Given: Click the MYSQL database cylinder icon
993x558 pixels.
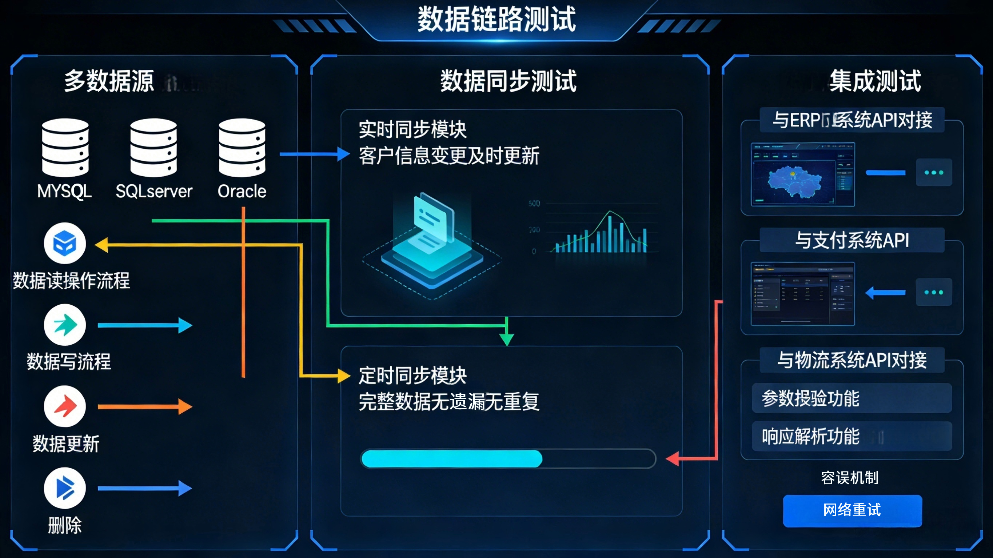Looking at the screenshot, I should click(x=65, y=147).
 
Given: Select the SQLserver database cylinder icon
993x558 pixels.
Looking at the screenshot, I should click(x=153, y=147).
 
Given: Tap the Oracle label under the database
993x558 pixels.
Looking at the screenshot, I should click(x=242, y=191).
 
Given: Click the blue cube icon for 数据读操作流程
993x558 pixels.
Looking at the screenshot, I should click(x=65, y=243).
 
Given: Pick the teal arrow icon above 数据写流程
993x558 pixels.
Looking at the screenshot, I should click(x=65, y=325).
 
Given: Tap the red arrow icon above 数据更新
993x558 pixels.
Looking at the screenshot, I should click(x=65, y=406).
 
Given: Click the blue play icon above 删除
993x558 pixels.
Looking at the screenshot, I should click(x=65, y=488).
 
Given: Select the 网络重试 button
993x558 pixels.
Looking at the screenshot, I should click(x=852, y=510).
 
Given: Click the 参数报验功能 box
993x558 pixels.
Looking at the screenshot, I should click(x=852, y=398).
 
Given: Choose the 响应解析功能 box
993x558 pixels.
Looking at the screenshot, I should click(x=852, y=436).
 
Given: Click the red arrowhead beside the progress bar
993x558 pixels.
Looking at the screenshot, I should click(x=673, y=458).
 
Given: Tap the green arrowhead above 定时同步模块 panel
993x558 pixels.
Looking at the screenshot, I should click(x=507, y=339).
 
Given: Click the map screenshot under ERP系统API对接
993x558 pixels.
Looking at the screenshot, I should click(x=802, y=174).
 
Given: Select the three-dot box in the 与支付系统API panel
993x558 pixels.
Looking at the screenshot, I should click(x=934, y=292).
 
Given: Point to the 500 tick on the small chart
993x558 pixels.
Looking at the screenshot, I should click(x=534, y=204).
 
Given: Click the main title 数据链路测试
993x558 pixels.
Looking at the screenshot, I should click(x=496, y=19).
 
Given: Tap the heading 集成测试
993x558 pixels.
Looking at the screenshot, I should click(x=875, y=81).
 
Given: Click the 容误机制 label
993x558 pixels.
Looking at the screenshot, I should click(x=850, y=478).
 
